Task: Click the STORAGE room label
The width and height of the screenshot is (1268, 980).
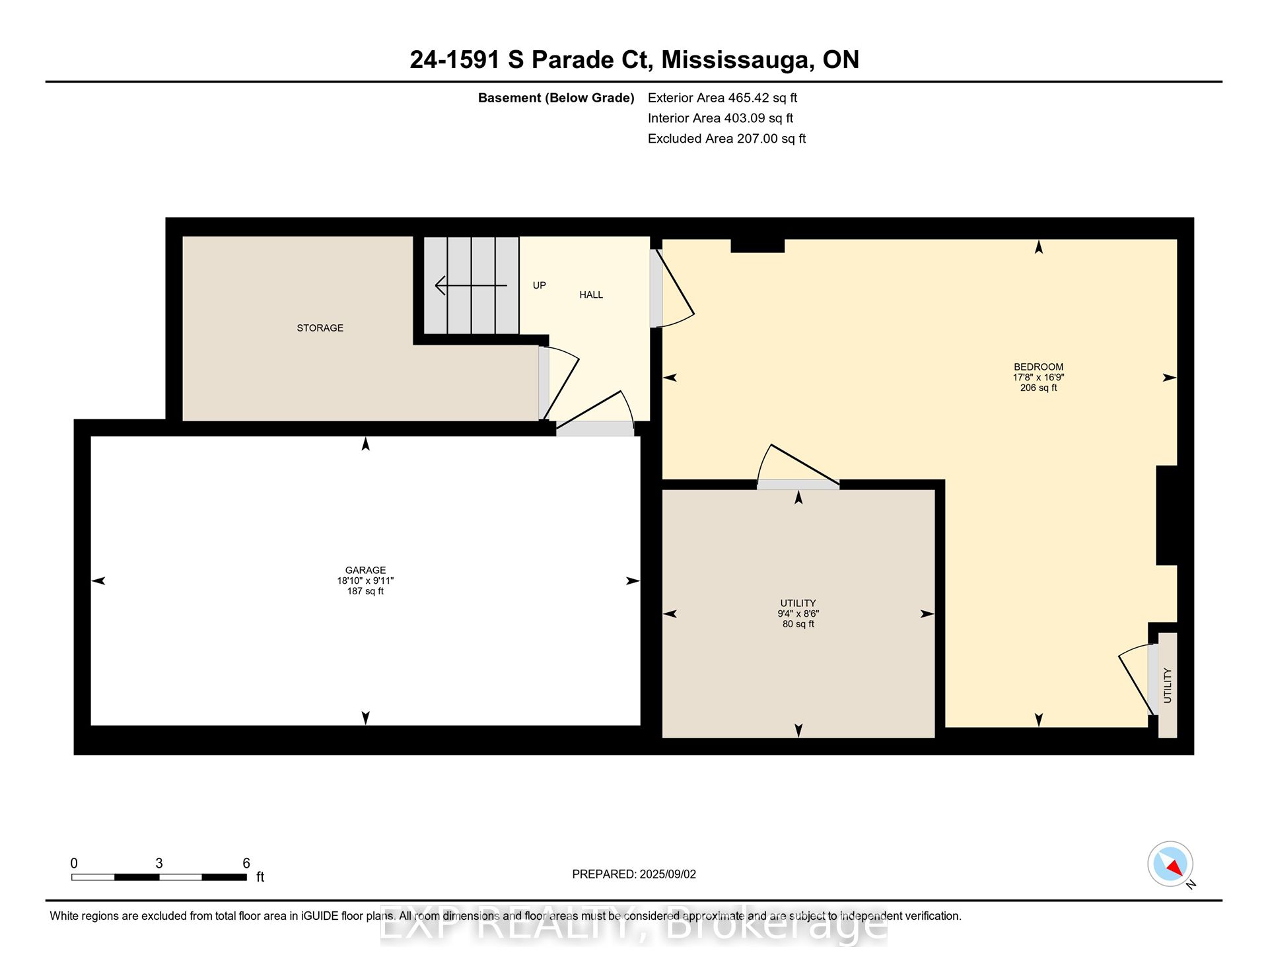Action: tap(320, 328)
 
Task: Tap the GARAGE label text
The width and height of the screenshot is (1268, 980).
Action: tap(365, 570)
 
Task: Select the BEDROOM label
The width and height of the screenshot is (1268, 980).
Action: tap(1038, 367)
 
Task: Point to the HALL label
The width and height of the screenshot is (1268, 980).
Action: tap(591, 295)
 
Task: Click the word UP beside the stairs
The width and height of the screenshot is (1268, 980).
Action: tap(540, 285)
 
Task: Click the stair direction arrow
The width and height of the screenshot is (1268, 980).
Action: tap(471, 285)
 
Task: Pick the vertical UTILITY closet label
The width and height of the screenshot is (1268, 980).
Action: tap(1168, 685)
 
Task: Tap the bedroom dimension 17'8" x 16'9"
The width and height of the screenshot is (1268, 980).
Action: tap(1038, 378)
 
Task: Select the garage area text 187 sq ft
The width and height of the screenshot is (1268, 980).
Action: tap(365, 591)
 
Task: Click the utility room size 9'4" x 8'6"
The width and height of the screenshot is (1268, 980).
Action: tap(798, 613)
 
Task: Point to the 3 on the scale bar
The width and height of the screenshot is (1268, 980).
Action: tap(159, 863)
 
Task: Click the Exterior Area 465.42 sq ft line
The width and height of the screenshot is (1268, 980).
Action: tap(722, 98)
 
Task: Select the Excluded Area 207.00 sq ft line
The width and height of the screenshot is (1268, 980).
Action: tap(726, 139)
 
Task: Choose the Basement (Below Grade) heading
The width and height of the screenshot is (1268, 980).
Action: tap(556, 98)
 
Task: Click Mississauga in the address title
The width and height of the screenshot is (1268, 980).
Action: tap(738, 60)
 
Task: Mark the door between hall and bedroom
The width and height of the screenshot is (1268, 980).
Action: tap(672, 289)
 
